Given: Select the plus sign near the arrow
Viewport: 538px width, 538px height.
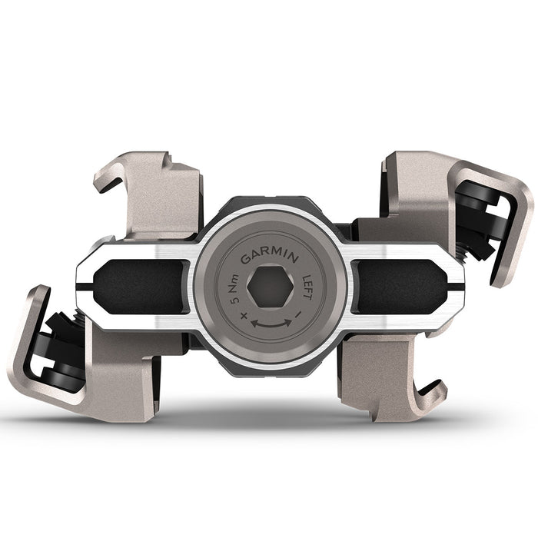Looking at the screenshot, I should pyautogui.click(x=244, y=315).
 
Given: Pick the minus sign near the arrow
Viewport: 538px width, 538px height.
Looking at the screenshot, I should pyautogui.click(x=296, y=315).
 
